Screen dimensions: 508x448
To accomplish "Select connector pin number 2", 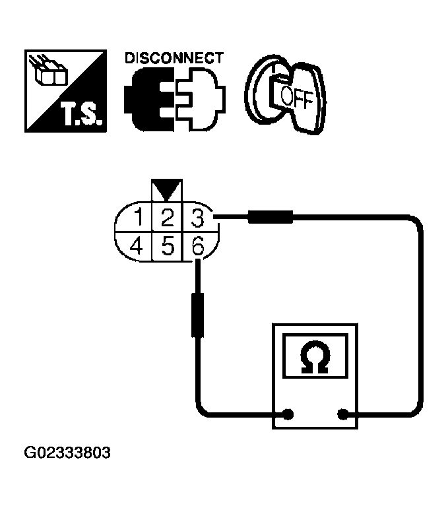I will (168, 216).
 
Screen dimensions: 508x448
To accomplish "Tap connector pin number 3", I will (195, 216).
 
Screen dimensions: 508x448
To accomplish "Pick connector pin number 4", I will (137, 247).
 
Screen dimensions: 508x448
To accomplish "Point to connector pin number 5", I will (168, 247).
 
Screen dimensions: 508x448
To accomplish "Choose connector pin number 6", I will (197, 247).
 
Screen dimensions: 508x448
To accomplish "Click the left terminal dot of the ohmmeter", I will (288, 415).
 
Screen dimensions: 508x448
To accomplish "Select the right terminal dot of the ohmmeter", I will (343, 415).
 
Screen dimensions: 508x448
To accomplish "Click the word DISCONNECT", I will (174, 58).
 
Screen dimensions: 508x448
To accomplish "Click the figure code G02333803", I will (67, 454).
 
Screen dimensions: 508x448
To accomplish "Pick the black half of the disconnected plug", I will (145, 98).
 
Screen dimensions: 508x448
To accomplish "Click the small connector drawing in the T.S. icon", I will (50, 73).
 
